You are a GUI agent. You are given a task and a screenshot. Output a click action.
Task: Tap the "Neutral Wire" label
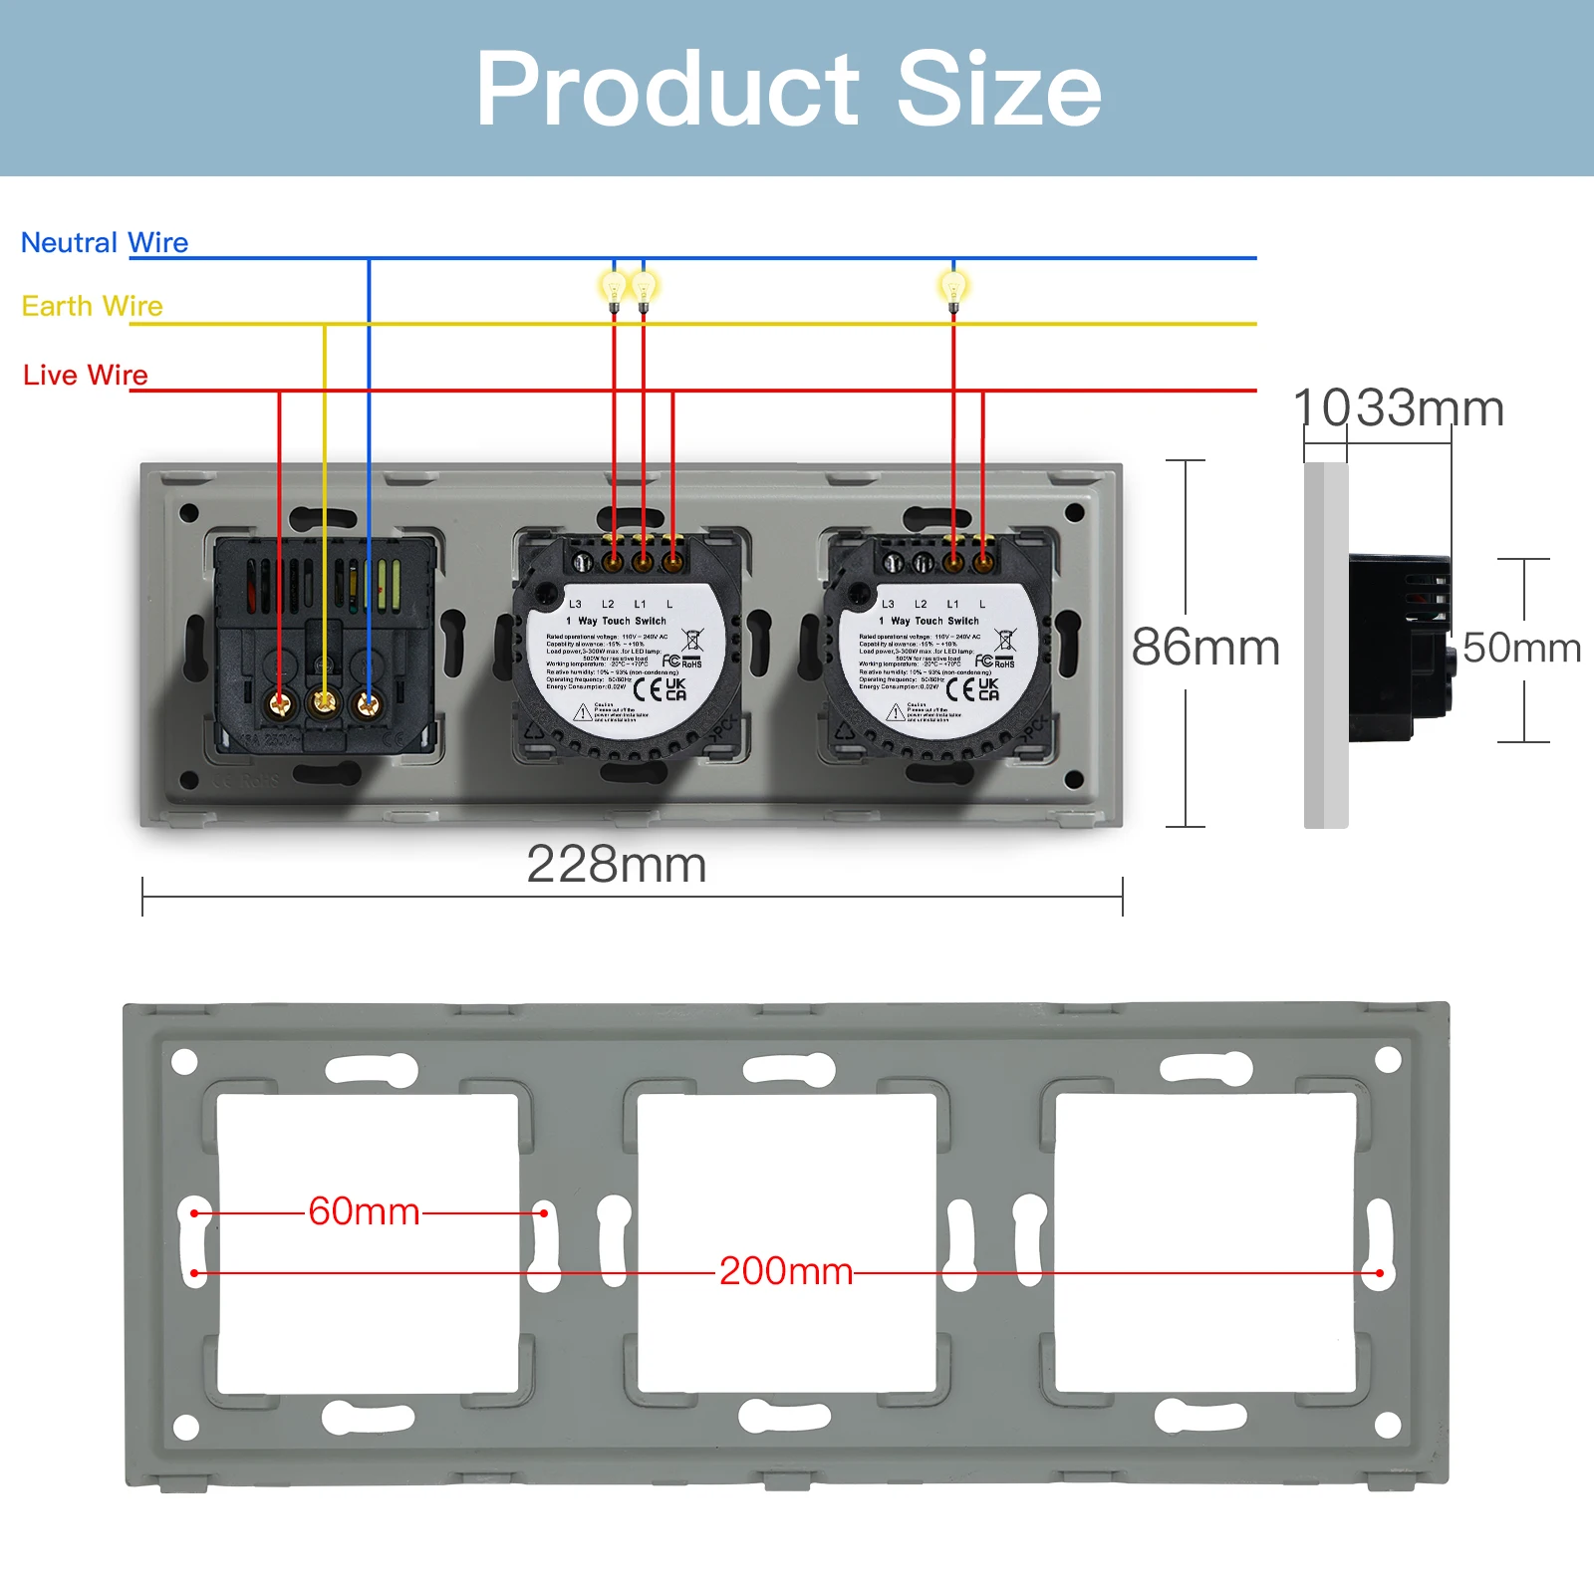tap(105, 243)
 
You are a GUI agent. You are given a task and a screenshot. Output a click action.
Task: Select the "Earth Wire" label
tap(92, 306)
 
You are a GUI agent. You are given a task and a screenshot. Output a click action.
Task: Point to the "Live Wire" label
tap(86, 376)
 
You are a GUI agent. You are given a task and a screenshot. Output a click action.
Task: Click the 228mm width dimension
tap(617, 865)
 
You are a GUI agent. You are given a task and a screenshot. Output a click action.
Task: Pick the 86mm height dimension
tap(1205, 648)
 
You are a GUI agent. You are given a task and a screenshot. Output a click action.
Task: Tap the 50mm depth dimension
tap(1521, 649)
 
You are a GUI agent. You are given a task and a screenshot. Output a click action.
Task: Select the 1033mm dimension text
tap(1399, 408)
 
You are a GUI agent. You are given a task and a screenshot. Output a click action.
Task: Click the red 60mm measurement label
tap(365, 1212)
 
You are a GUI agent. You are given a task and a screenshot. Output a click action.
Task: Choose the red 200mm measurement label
tap(786, 1271)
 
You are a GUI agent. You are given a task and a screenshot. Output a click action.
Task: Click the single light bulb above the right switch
tap(953, 288)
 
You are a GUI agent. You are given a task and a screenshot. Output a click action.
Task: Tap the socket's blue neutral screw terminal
tap(368, 705)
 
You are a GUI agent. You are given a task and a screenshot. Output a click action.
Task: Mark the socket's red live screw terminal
tap(280, 705)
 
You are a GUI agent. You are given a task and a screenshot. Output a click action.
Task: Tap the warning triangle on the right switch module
tap(896, 712)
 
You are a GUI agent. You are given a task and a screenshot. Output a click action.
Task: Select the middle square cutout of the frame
tap(786, 1242)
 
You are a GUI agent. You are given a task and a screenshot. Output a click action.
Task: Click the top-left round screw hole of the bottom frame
tap(185, 1062)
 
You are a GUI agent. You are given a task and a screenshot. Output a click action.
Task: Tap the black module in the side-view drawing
tap(1399, 649)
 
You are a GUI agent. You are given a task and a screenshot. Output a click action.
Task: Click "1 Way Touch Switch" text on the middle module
tap(622, 621)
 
